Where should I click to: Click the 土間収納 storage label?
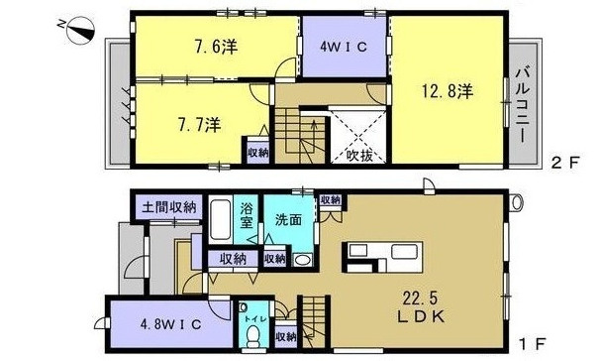coord(167,208)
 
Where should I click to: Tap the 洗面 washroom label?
coord(289,219)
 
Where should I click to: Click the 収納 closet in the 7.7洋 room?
coord(257,152)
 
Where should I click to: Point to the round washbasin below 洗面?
coord(302,259)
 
